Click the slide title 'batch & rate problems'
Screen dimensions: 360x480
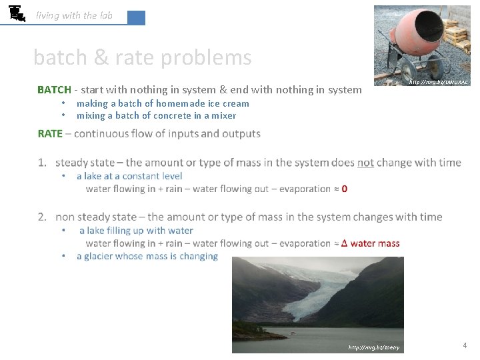[x=142, y=58]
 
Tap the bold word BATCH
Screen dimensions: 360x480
[x=54, y=90]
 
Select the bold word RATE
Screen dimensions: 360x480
[x=50, y=133]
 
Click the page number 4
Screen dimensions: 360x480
[x=465, y=345]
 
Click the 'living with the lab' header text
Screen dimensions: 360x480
[x=74, y=15]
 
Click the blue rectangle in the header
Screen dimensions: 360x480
[x=136, y=18]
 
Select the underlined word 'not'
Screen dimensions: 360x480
[x=365, y=163]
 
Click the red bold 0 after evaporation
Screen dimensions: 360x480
[x=344, y=189]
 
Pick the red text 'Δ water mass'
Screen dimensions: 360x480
[x=370, y=243]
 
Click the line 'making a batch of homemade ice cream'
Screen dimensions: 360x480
[x=163, y=103]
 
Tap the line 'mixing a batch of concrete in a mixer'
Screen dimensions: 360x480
[x=156, y=115]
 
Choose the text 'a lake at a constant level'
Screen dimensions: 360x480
[x=129, y=176]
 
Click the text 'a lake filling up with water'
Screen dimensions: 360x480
[x=136, y=231]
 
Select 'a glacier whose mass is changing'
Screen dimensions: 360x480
[x=147, y=256]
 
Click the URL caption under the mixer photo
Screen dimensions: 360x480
[x=438, y=82]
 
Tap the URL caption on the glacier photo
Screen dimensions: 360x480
[x=373, y=347]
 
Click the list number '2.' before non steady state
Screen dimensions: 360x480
[x=43, y=217]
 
